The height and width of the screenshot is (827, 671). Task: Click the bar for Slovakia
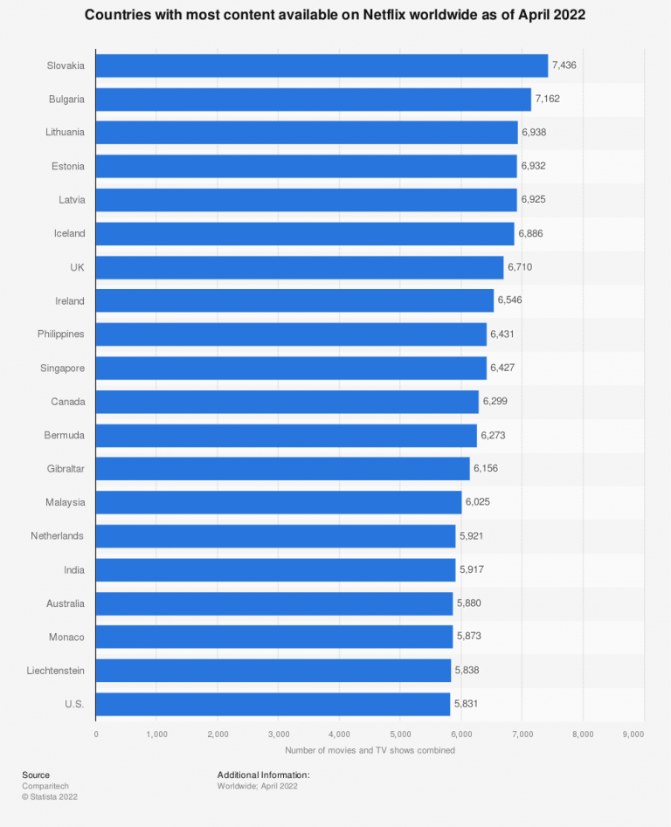coord(322,65)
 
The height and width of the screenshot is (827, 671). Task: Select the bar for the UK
coord(299,267)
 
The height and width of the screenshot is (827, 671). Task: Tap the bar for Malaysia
coord(278,502)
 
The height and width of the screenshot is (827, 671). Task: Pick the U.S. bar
coord(273,704)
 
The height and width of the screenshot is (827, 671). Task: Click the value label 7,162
coord(547,100)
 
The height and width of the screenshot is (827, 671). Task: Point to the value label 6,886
coord(531,234)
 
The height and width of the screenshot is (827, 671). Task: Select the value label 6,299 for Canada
coord(495,402)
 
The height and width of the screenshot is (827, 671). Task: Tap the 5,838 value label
coord(467,671)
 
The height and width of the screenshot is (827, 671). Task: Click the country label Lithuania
coord(65,133)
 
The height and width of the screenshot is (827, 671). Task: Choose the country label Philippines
coord(61,334)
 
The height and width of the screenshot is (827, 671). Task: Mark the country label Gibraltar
coord(66,469)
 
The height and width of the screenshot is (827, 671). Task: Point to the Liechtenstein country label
coord(56,671)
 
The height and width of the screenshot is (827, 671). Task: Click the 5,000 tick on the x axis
coord(399,734)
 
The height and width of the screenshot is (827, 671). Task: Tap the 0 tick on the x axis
coord(96,734)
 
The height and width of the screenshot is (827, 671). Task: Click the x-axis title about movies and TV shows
coord(370,750)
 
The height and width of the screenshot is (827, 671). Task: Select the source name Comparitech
coord(43,786)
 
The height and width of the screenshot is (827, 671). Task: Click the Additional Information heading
coord(263,775)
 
